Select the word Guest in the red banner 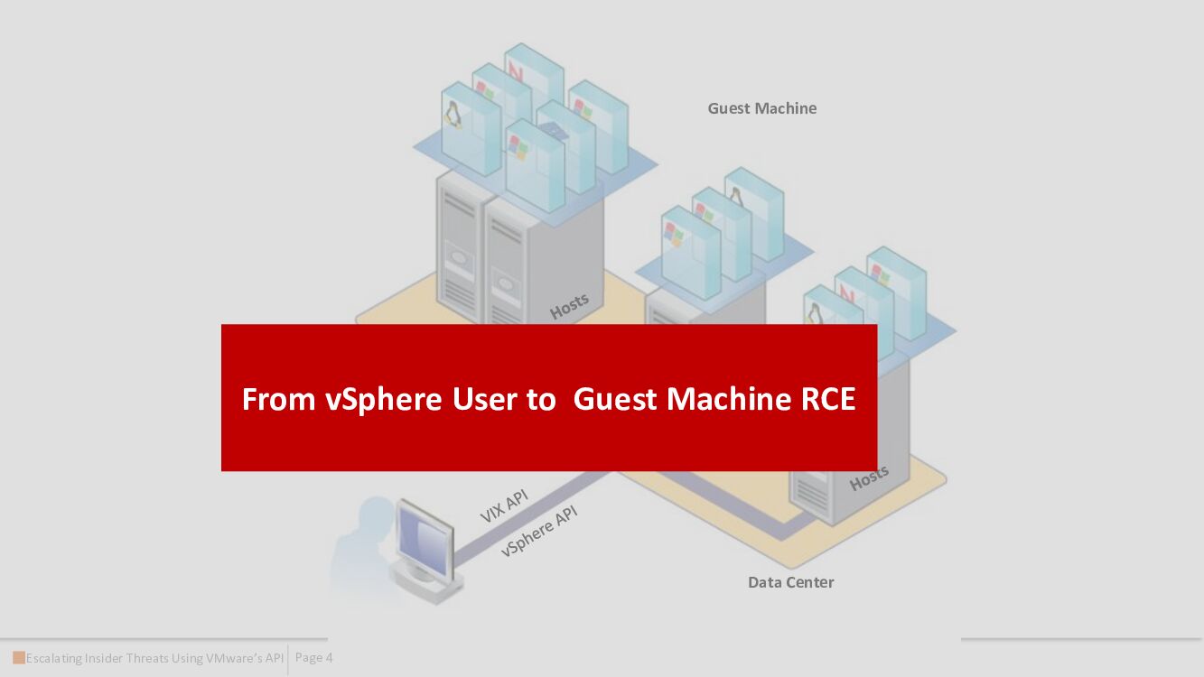click(x=615, y=399)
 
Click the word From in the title click(x=279, y=399)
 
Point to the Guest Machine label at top click(x=761, y=108)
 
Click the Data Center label click(x=790, y=582)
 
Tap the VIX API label click(x=503, y=506)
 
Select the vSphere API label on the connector click(x=538, y=530)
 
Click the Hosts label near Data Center click(x=869, y=478)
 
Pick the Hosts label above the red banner click(x=569, y=307)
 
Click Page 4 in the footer click(x=313, y=658)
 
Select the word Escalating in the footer click(x=53, y=658)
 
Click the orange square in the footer click(x=19, y=657)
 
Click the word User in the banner click(x=484, y=399)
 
